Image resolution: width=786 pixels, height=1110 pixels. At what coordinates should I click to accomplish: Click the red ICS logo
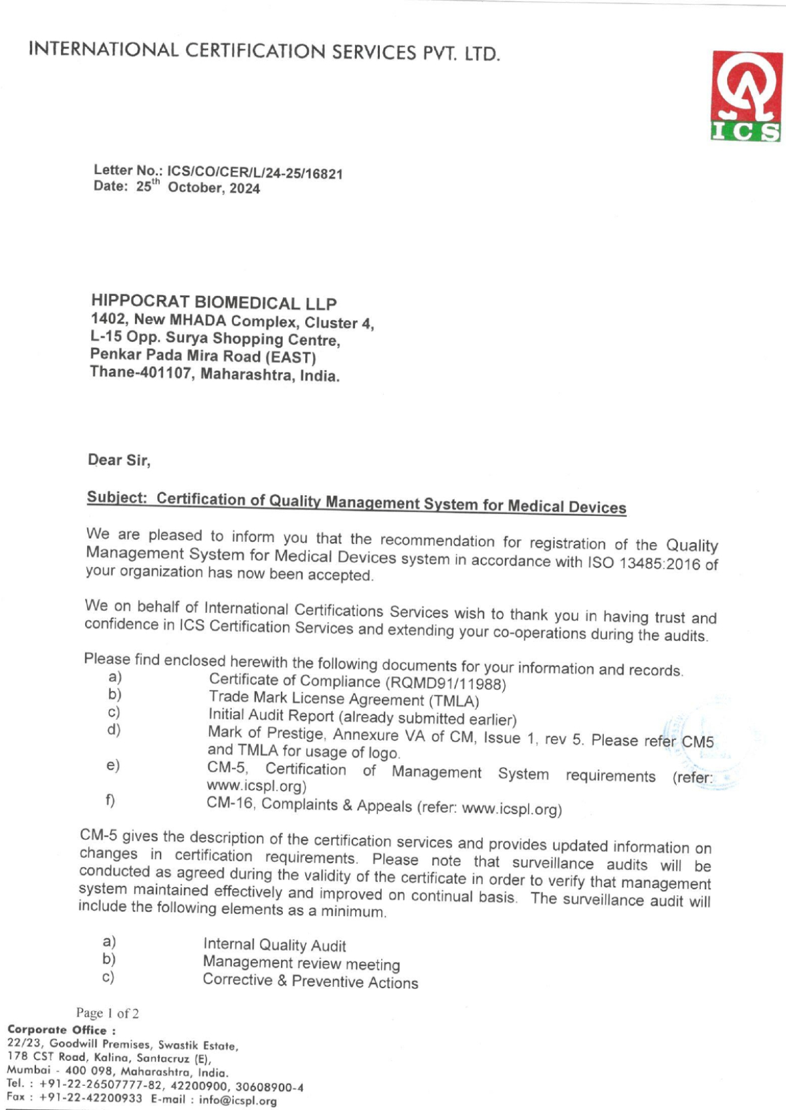click(747, 96)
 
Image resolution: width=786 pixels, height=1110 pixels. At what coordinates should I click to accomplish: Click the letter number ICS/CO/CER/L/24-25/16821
click(255, 173)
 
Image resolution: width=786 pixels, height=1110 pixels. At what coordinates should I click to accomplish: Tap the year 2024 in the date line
click(244, 189)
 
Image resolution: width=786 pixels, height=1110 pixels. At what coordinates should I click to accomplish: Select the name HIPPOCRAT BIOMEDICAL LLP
click(214, 303)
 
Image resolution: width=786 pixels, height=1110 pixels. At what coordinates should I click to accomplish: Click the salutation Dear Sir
click(119, 460)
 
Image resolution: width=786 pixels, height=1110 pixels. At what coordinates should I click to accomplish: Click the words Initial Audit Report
click(271, 715)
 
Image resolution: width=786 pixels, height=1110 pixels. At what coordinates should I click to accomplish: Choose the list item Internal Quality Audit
click(274, 944)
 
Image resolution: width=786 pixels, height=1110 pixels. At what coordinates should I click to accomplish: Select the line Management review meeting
click(301, 963)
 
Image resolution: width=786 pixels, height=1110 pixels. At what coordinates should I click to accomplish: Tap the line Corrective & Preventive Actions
click(310, 981)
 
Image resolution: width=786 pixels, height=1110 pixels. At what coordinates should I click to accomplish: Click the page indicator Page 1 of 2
click(107, 1013)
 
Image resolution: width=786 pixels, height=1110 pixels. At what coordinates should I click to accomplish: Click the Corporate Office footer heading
click(61, 1029)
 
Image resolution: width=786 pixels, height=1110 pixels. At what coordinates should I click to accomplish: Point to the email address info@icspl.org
click(238, 1100)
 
